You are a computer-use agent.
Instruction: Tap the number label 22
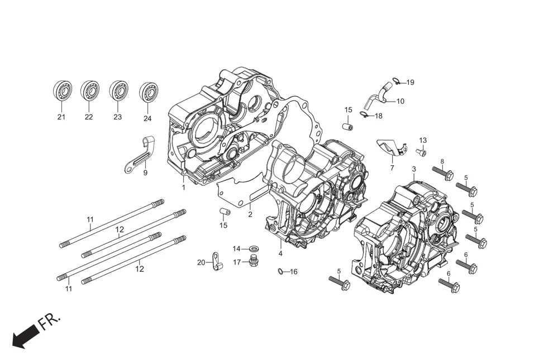click(89, 117)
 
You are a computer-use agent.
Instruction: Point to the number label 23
click(117, 117)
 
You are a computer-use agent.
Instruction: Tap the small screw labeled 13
click(421, 152)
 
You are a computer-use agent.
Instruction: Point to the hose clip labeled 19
click(397, 82)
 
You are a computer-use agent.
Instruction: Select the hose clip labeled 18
click(363, 116)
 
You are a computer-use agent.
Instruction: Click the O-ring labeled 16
click(280, 272)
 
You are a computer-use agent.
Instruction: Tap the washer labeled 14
click(253, 248)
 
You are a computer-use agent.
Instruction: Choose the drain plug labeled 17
click(254, 261)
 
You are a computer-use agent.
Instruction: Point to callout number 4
click(280, 253)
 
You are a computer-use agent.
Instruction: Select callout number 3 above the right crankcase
click(414, 169)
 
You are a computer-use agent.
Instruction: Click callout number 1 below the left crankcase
click(183, 188)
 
